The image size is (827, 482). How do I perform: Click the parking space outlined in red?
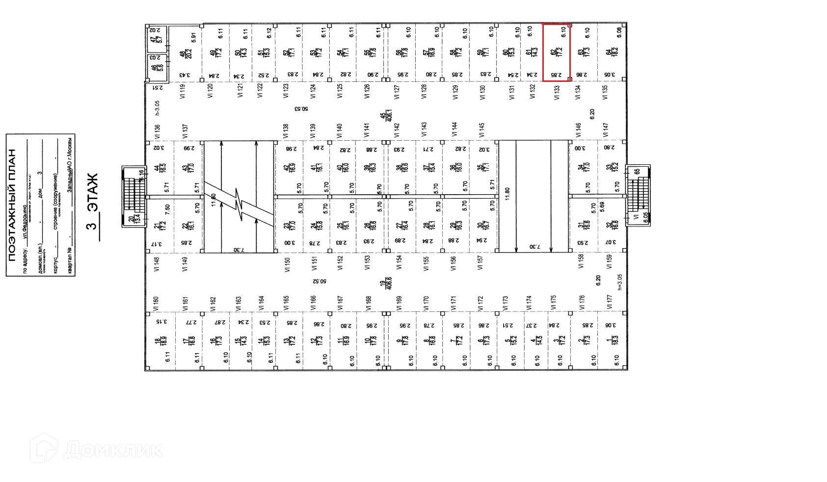(x=556, y=52)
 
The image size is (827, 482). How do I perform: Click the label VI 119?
(x=183, y=92)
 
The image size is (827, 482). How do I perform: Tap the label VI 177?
(x=610, y=302)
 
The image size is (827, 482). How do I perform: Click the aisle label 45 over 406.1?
(x=386, y=117)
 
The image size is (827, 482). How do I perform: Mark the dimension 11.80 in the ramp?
(x=507, y=193)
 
